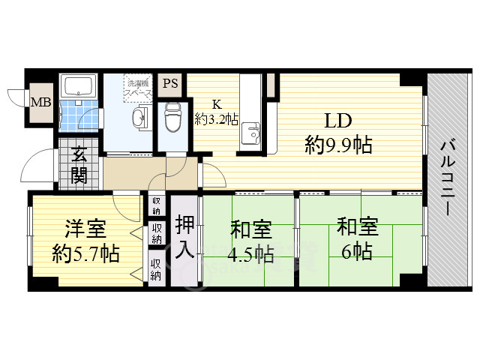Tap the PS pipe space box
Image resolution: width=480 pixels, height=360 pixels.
tap(171, 83)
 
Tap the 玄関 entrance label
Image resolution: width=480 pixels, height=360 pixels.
tap(79, 166)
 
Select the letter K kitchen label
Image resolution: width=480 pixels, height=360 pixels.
tap(216, 103)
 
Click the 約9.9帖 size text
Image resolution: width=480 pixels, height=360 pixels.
tap(338, 145)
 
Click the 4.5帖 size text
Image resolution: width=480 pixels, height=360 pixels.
tap(250, 253)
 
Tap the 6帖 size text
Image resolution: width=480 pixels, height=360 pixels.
tap(357, 251)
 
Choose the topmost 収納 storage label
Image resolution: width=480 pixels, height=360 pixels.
tap(156, 203)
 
